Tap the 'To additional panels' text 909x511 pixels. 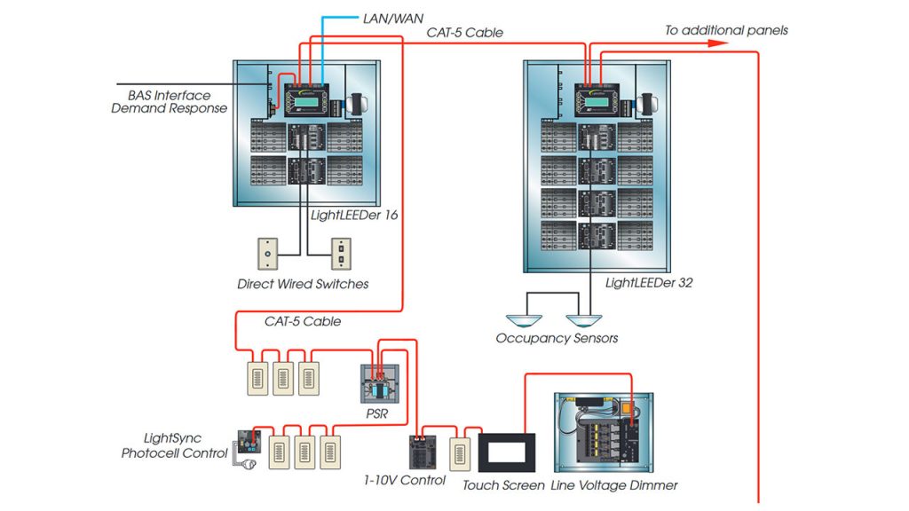[726, 30]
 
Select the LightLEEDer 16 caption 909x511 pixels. [353, 215]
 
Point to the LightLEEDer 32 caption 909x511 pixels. [649, 283]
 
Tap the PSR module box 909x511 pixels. [379, 385]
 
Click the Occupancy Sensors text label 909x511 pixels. [557, 338]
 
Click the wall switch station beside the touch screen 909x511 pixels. [460, 453]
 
